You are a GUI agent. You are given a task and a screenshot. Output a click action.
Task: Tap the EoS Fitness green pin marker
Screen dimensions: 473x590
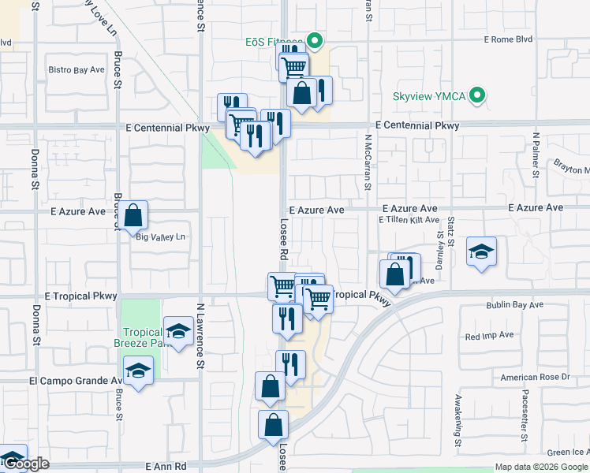pyautogui.click(x=314, y=40)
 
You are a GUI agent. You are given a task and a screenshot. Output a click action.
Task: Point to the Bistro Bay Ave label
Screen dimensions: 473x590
pyautogui.click(x=77, y=69)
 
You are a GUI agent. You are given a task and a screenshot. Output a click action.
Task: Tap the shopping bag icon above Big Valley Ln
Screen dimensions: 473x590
pyautogui.click(x=135, y=214)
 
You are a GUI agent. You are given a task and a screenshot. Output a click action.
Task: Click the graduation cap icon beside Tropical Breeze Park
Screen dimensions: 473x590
pyautogui.click(x=179, y=331)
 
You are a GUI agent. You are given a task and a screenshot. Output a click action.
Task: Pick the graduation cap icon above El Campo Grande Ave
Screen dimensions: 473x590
pyautogui.click(x=139, y=369)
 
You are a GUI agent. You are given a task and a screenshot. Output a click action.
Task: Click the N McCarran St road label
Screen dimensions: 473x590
pyautogui.click(x=368, y=162)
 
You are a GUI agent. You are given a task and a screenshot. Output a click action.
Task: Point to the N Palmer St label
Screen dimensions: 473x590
pyautogui.click(x=534, y=155)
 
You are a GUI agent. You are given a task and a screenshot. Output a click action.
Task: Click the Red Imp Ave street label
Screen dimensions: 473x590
pyautogui.click(x=489, y=335)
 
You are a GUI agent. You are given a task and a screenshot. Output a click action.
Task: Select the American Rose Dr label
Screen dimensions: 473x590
pyautogui.click(x=535, y=378)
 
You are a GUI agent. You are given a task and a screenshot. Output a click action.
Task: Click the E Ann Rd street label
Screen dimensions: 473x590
pyautogui.click(x=165, y=467)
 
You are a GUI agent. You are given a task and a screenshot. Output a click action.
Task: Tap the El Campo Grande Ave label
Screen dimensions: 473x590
pyautogui.click(x=76, y=381)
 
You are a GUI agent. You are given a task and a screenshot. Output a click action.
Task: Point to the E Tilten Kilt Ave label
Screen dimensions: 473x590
pyautogui.click(x=409, y=220)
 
